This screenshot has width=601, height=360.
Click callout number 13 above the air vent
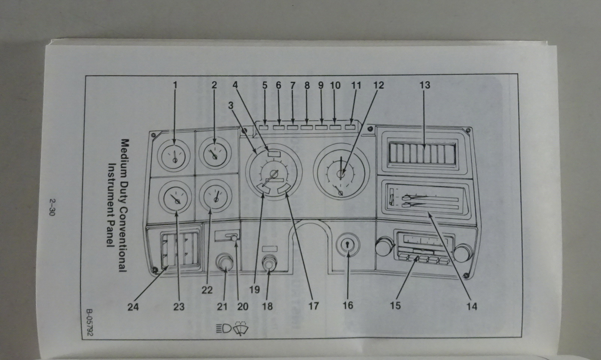point(424,85)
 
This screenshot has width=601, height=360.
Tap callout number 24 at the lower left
point(133,307)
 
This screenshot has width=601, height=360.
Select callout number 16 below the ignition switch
point(348,305)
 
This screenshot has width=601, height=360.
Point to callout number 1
point(175,85)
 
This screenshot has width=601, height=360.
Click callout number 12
point(379,85)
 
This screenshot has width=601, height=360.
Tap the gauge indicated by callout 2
point(214,154)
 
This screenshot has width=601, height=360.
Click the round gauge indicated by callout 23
point(175,198)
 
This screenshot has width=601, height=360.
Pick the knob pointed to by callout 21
point(225,263)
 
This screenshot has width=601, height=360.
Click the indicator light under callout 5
point(264,127)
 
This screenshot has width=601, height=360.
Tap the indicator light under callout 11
point(350,127)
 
